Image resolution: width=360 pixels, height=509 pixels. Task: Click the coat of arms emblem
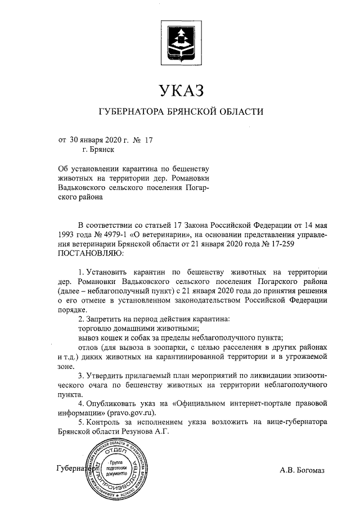pos(180,40)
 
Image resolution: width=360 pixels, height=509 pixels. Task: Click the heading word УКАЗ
pos(180,90)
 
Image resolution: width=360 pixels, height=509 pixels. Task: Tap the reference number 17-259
pos(279,244)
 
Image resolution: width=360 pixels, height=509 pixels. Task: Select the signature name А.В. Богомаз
pos(302,470)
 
